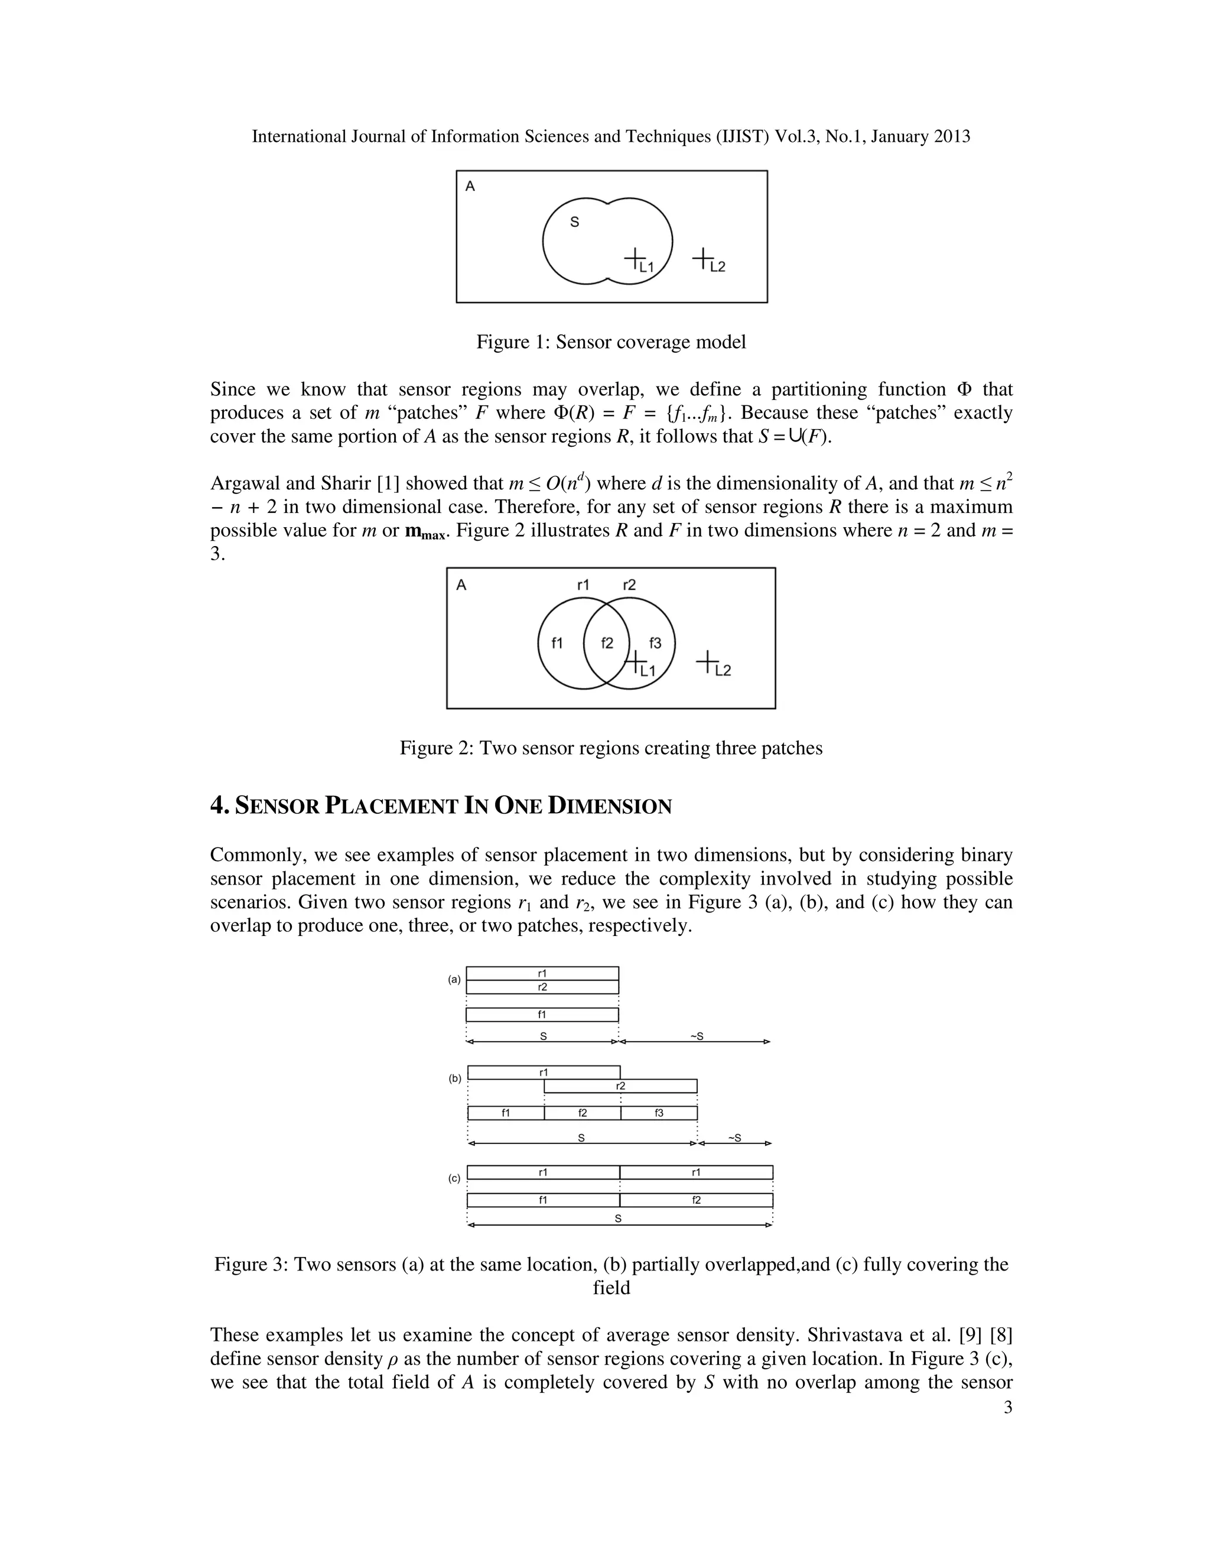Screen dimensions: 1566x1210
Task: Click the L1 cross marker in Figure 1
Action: point(634,258)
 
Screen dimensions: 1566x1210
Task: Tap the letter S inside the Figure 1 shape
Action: point(574,222)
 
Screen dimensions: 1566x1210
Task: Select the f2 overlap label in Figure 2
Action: point(607,643)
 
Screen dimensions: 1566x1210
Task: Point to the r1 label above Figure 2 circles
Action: point(583,585)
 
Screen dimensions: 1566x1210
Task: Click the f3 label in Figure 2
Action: point(655,643)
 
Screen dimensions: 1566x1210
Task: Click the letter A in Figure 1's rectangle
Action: point(470,186)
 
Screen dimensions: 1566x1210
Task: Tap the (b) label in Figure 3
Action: point(455,1078)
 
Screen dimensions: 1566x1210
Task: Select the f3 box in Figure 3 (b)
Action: point(659,1113)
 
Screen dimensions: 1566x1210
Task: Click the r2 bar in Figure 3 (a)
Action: point(542,987)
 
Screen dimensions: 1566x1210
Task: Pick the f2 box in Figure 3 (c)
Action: point(696,1200)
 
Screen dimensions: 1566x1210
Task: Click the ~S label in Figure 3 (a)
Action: point(696,1036)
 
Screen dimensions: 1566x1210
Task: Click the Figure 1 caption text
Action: point(611,342)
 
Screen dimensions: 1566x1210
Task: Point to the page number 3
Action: point(1008,1408)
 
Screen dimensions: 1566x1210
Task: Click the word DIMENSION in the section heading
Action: point(609,807)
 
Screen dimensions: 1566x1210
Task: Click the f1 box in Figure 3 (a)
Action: point(542,1015)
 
